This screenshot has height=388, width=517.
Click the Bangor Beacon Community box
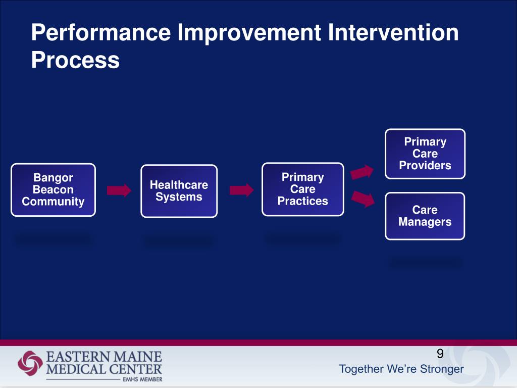click(53, 190)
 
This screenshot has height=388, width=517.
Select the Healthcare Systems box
click(179, 191)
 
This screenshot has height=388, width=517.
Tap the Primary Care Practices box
click(302, 189)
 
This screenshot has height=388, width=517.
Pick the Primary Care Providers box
click(425, 154)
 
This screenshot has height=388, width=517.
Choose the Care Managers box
click(425, 216)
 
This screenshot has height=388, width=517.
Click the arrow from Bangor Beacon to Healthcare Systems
click(119, 190)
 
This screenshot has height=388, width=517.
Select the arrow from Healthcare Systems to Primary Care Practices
click(241, 190)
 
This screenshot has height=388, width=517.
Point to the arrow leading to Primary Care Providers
click(363, 172)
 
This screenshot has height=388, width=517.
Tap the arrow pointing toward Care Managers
click(363, 199)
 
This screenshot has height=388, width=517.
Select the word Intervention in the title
click(393, 33)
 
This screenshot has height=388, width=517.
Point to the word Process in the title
click(75, 61)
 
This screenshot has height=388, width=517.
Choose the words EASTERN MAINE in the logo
click(104, 357)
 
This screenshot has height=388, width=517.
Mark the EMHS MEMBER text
click(142, 378)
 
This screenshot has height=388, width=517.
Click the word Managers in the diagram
click(425, 222)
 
